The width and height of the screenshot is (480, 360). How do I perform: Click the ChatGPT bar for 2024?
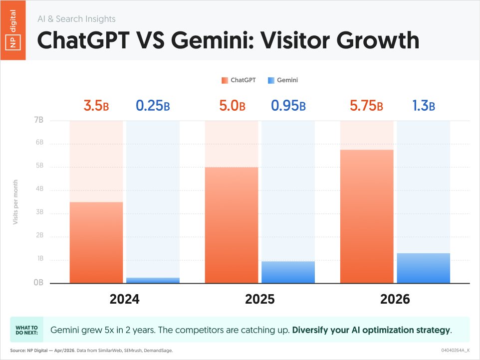point(96,242)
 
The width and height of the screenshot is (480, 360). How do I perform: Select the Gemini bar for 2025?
point(288,272)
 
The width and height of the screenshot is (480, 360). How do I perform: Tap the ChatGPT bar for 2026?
point(367,216)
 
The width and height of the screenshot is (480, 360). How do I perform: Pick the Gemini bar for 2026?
point(423,268)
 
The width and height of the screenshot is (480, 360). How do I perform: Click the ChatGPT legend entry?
point(239,80)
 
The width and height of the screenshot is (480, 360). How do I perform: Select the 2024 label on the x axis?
point(125,299)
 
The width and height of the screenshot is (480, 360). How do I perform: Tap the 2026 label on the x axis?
point(395,299)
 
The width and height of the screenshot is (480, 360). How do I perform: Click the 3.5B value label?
point(96,106)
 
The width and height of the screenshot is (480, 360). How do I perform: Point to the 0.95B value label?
point(288,106)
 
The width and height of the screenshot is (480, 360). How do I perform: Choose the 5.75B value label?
point(366,106)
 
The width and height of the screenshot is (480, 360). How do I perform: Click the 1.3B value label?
point(424,106)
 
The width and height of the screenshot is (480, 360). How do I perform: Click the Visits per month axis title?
point(15,201)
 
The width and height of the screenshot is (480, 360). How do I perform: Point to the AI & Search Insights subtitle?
point(76,19)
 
